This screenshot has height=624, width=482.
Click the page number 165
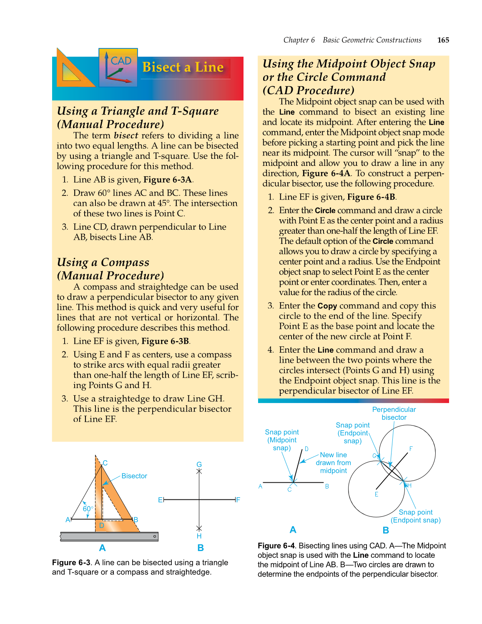[x=443, y=40]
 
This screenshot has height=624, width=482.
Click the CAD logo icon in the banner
[x=118, y=67]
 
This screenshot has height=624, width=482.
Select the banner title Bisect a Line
[x=183, y=67]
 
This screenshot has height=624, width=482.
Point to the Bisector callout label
[x=134, y=476]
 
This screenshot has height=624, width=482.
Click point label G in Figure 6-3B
[x=199, y=464]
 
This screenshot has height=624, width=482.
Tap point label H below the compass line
[x=199, y=536]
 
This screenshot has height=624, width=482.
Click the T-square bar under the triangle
[x=109, y=536]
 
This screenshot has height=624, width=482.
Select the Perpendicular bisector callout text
[x=394, y=413]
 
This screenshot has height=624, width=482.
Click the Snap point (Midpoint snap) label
[x=282, y=440]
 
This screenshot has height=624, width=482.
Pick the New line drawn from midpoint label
[x=333, y=463]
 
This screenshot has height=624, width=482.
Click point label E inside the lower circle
[x=376, y=494]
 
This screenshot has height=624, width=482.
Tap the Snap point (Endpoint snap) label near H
[x=415, y=516]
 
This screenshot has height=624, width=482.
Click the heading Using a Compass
[x=103, y=262]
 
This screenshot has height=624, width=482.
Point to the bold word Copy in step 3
[x=327, y=306]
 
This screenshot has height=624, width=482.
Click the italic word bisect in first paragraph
[x=126, y=135]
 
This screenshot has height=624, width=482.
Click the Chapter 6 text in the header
[x=299, y=40]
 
